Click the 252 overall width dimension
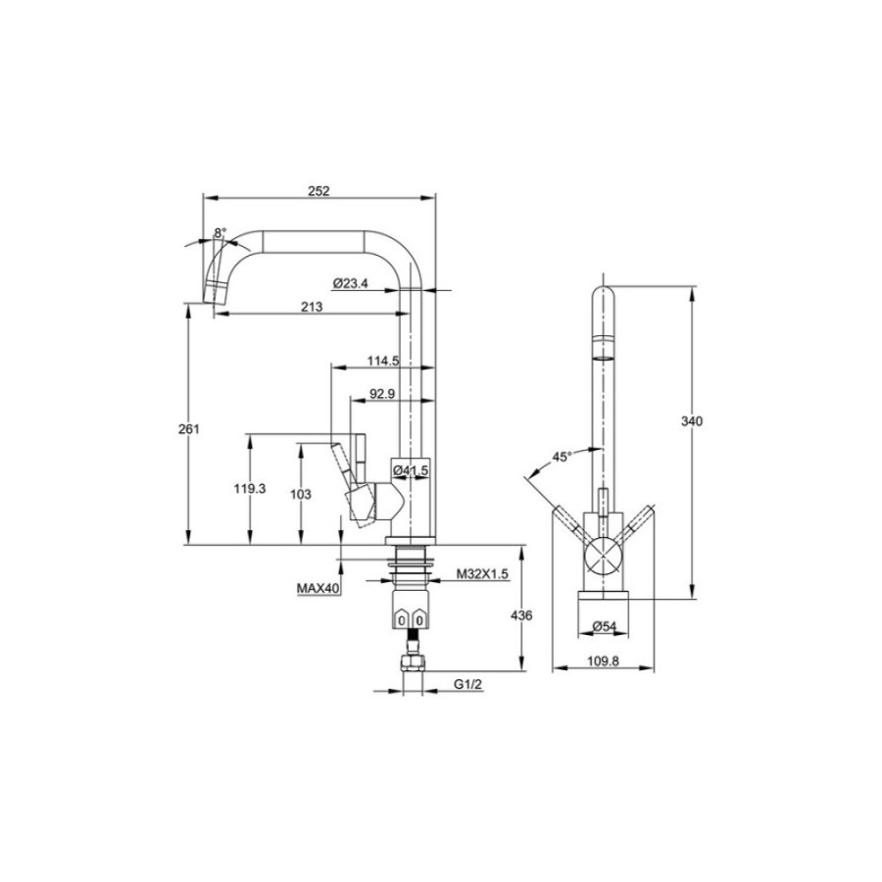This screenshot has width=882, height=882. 318,191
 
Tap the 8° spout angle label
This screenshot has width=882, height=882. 220,232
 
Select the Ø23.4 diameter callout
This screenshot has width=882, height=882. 350,283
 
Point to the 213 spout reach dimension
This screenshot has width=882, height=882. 312,307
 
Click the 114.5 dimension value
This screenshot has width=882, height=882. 383,361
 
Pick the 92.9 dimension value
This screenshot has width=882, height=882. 382,394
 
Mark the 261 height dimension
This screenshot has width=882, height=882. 189,429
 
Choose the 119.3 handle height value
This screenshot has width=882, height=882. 250,489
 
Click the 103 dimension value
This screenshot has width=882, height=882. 301,495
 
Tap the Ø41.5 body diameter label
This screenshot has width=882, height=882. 411,469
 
